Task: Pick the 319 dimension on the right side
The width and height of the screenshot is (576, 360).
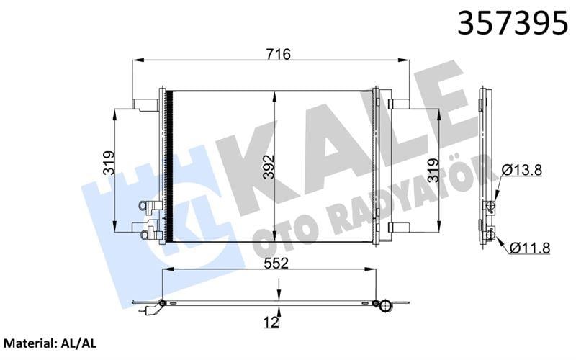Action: [x=432, y=171]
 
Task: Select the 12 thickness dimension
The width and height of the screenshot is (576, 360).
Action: [x=270, y=323]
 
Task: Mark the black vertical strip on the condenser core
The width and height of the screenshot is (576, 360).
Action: [x=170, y=166]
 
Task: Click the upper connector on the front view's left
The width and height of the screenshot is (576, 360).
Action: [x=149, y=207]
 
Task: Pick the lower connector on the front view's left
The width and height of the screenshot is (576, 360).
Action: [x=149, y=232]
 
